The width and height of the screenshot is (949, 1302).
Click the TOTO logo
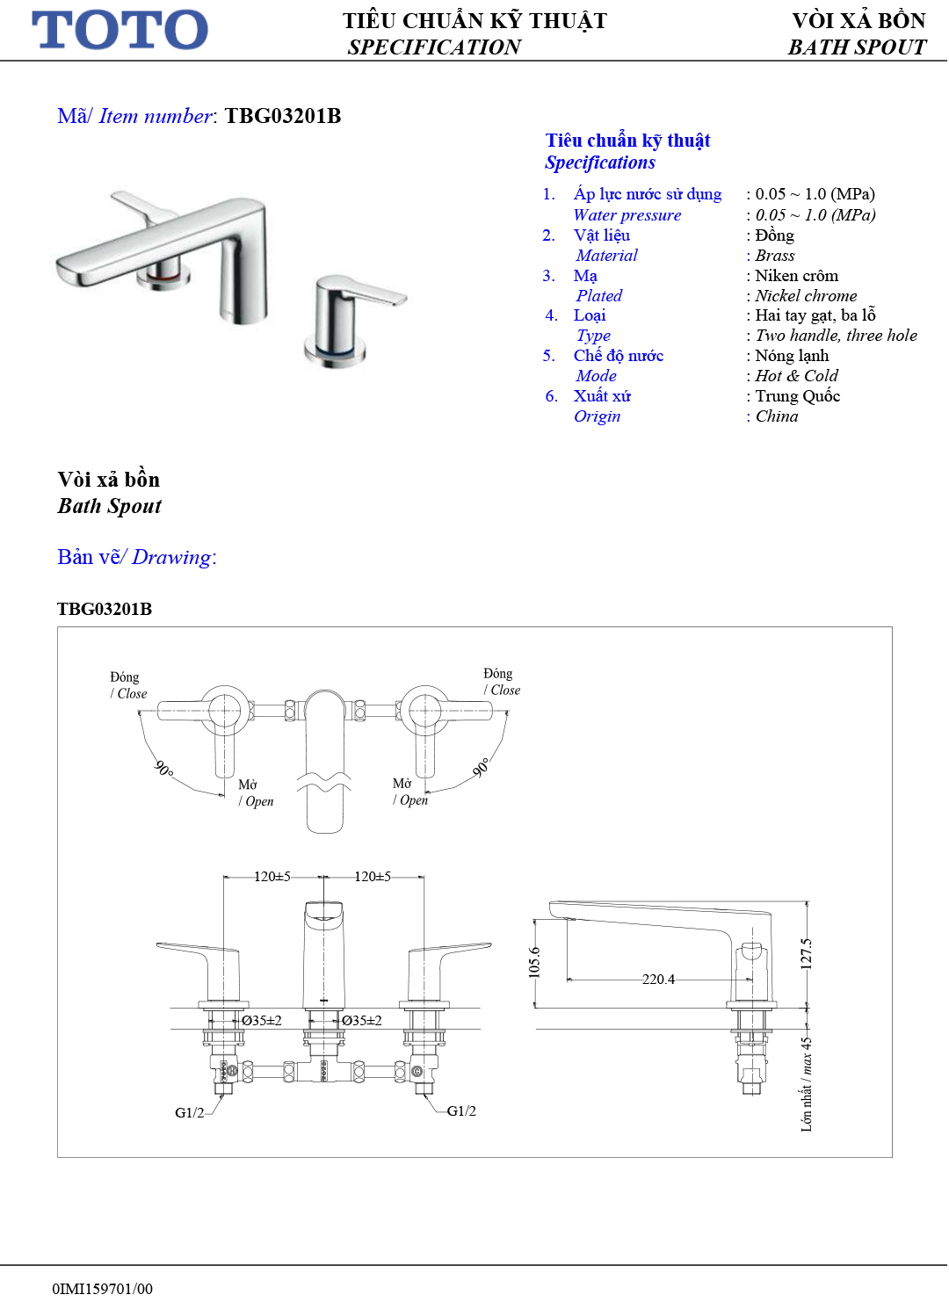[120, 30]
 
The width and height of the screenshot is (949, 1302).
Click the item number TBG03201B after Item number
[283, 116]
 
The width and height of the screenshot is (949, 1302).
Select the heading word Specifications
[600, 163]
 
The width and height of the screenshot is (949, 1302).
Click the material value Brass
[775, 256]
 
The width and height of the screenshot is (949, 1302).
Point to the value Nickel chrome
[806, 296]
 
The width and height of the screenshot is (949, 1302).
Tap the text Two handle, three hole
[836, 336]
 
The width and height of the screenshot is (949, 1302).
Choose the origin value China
[777, 416]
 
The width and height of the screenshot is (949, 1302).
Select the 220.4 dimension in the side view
[658, 979]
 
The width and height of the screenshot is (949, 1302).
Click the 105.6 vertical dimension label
[534, 963]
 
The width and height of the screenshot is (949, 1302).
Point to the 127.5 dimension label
[807, 954]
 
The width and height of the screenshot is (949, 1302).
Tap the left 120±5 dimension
[272, 876]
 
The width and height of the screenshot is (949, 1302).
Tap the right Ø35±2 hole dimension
[361, 1021]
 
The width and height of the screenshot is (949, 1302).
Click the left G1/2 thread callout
[190, 1113]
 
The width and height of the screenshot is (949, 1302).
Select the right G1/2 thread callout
[461, 1111]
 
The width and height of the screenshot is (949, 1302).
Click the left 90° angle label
[164, 768]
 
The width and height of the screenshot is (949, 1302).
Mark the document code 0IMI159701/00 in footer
[103, 1289]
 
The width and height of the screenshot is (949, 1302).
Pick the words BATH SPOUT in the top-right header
[857, 47]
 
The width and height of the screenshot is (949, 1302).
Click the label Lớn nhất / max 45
[807, 1084]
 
